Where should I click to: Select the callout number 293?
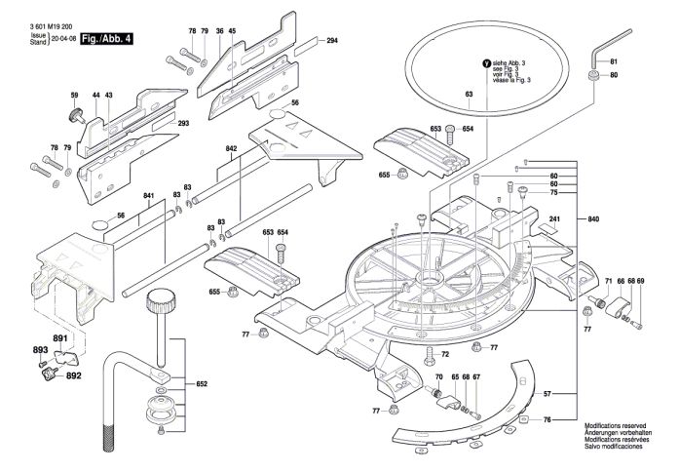[x=183, y=124]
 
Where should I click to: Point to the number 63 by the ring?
[x=469, y=94]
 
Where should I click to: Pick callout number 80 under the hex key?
[x=614, y=75]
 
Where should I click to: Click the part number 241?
[x=554, y=218]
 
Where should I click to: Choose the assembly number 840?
[x=594, y=219]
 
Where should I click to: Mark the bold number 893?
[x=40, y=349]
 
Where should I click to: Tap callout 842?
[x=232, y=148]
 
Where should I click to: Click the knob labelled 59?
[x=74, y=115]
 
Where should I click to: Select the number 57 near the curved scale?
[x=547, y=393]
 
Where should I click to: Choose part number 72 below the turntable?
[x=444, y=354]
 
